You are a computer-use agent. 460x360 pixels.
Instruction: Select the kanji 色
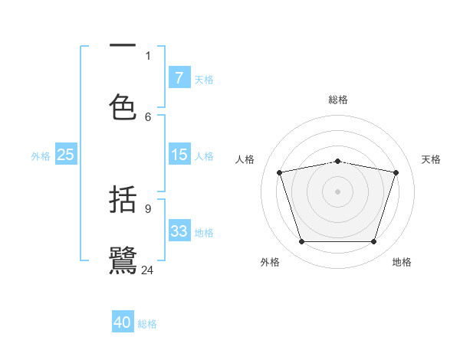pos(123,107)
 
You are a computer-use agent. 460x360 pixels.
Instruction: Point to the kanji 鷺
pos(123,260)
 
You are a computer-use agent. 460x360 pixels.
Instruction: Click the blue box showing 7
pos(179,78)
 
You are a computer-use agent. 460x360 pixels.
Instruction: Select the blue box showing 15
pos(179,155)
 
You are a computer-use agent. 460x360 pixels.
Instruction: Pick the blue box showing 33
pos(179,231)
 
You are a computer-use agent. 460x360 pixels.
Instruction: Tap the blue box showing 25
pos(66,155)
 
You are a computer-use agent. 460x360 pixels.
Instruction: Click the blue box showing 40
pos(123,322)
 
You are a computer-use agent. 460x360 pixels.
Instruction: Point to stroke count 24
pos(148,270)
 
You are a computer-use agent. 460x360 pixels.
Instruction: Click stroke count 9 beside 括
pos(148,208)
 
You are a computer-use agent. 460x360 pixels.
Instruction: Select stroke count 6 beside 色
pos(148,116)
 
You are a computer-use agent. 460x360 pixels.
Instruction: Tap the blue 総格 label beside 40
pos(147,324)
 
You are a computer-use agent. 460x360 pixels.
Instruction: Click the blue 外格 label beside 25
pos(41,155)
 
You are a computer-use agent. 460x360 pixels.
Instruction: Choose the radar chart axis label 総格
pos(338,100)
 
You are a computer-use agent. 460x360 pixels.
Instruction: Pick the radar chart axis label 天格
pos(432,159)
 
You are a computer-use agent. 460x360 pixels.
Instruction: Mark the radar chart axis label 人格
pos(245,159)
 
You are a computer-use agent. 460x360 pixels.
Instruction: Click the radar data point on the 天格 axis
pos(396,172)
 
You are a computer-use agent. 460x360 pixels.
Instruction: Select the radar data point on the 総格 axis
pos(338,161)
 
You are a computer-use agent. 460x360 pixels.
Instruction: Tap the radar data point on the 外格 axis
pos(301,242)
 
